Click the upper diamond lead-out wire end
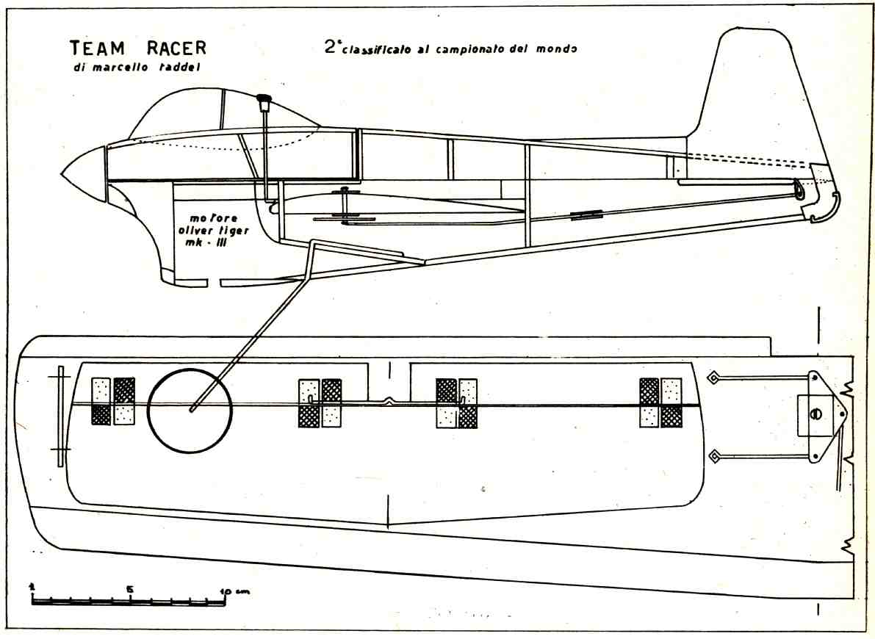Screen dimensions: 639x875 coord(712,378)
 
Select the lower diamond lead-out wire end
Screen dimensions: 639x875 coord(712,458)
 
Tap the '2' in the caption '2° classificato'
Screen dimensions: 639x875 coord(330,48)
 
